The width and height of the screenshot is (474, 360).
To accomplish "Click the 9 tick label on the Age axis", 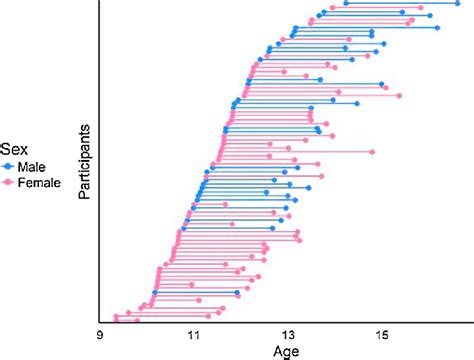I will pos(101,335).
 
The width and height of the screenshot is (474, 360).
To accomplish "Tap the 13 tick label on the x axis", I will pos(288,335).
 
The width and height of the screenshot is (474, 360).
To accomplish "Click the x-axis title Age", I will pos(285,351).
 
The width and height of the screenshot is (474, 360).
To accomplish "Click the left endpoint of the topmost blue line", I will pos(345,3).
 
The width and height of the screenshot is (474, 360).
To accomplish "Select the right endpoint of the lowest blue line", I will pos(237,293).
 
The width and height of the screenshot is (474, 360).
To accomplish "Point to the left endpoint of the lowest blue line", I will pos(155,293).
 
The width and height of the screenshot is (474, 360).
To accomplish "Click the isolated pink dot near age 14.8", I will pos(372,152).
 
